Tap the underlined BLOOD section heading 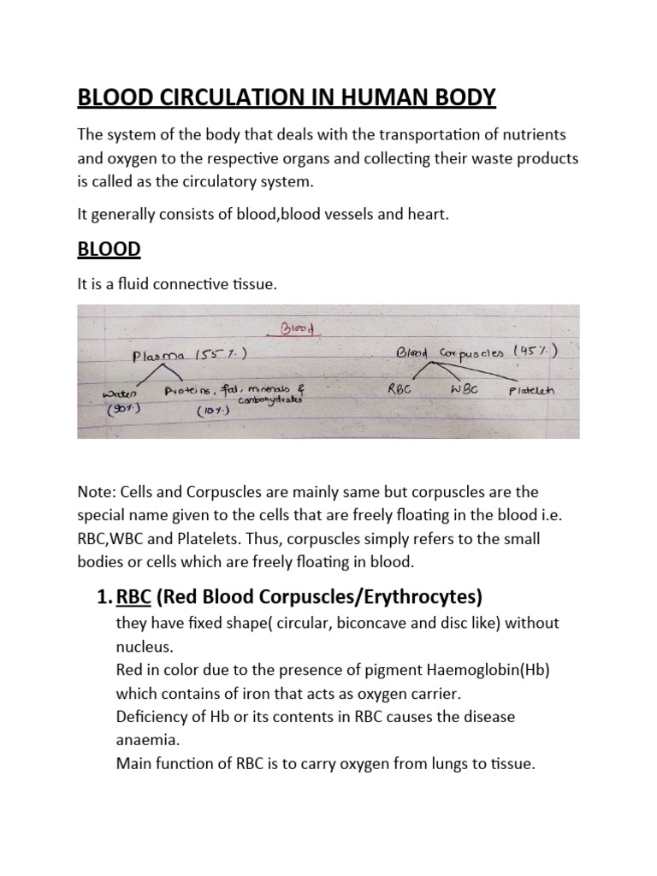(x=109, y=249)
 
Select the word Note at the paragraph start (x=94, y=494)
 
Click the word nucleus (x=143, y=647)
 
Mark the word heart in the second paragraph (x=424, y=215)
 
